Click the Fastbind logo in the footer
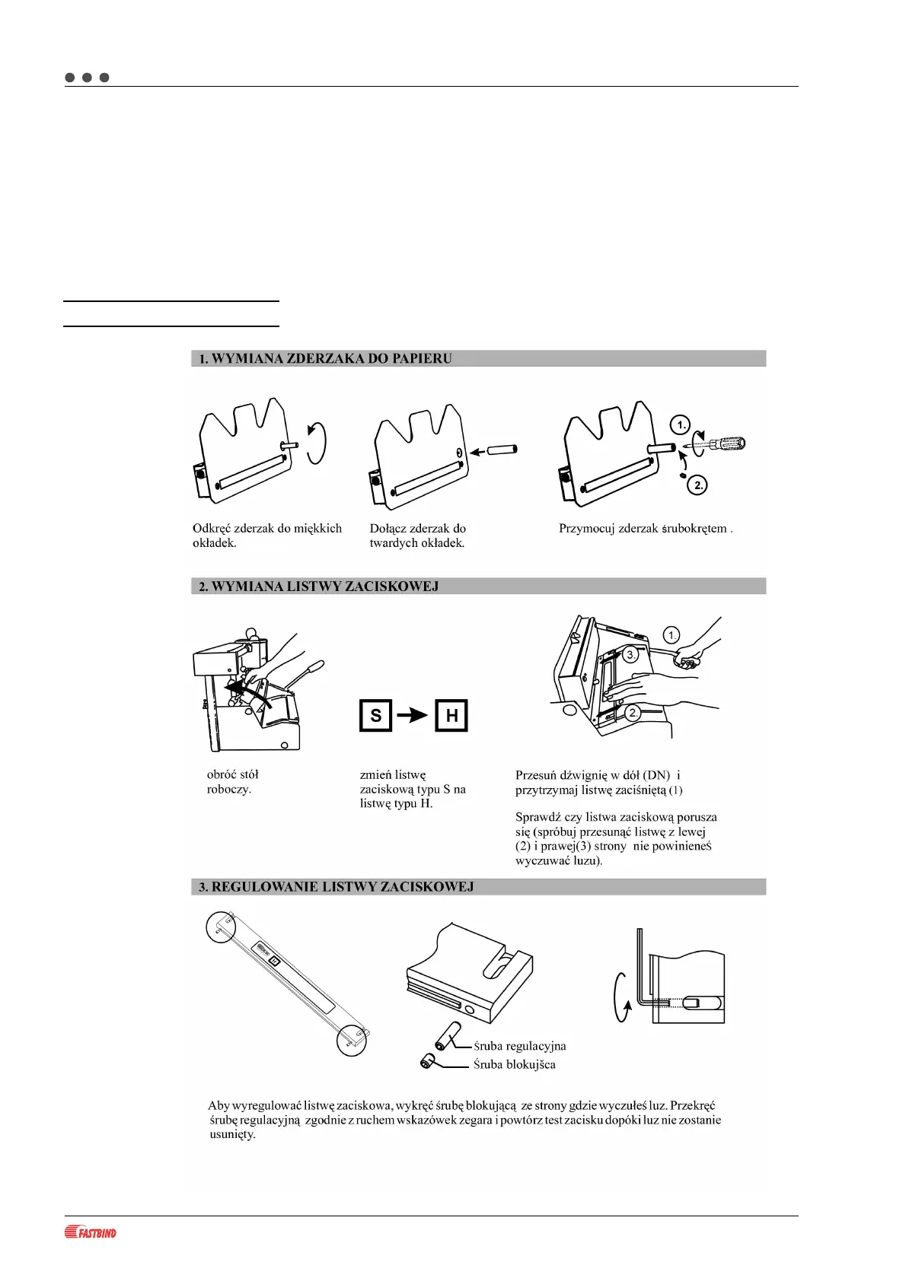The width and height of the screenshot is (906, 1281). click(x=91, y=1232)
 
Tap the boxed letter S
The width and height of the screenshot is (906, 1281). click(x=375, y=716)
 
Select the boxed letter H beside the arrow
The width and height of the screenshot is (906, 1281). click(x=451, y=716)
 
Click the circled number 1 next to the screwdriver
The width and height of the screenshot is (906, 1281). click(x=679, y=424)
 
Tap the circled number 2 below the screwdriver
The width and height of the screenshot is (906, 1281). click(x=697, y=485)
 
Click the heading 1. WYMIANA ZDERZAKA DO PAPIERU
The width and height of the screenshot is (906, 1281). click(x=325, y=359)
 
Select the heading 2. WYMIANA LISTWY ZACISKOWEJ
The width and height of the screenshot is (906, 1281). click(x=318, y=586)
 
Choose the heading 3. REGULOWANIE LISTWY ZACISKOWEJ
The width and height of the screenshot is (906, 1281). click(x=336, y=887)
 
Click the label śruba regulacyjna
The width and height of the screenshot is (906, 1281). click(x=520, y=1046)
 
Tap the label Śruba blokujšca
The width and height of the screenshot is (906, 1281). click(x=515, y=1064)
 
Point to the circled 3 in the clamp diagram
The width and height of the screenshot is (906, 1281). click(x=630, y=654)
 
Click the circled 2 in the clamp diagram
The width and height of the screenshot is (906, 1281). click(x=633, y=713)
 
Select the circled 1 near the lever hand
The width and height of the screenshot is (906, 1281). click(x=671, y=635)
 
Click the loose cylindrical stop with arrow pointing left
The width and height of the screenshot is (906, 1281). click(x=502, y=450)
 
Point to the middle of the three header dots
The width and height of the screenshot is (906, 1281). click(x=87, y=78)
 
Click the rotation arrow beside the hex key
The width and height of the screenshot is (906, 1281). click(x=620, y=990)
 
